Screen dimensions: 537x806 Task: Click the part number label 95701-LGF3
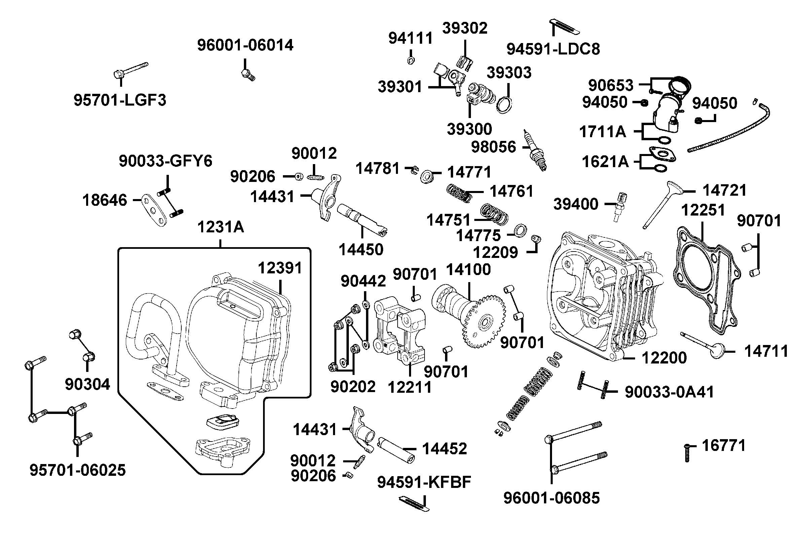[120, 100]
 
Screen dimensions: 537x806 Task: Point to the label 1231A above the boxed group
[220, 227]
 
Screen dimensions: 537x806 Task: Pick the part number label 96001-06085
[551, 498]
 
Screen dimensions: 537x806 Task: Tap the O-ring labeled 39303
[505, 104]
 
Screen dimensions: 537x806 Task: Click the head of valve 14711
[717, 351]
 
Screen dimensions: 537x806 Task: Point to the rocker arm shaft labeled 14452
[396, 449]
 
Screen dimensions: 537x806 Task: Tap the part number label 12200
[664, 358]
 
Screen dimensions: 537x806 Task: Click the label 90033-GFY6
[166, 161]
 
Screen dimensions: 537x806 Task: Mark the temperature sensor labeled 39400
[619, 205]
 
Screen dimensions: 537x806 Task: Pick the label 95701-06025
[78, 470]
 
